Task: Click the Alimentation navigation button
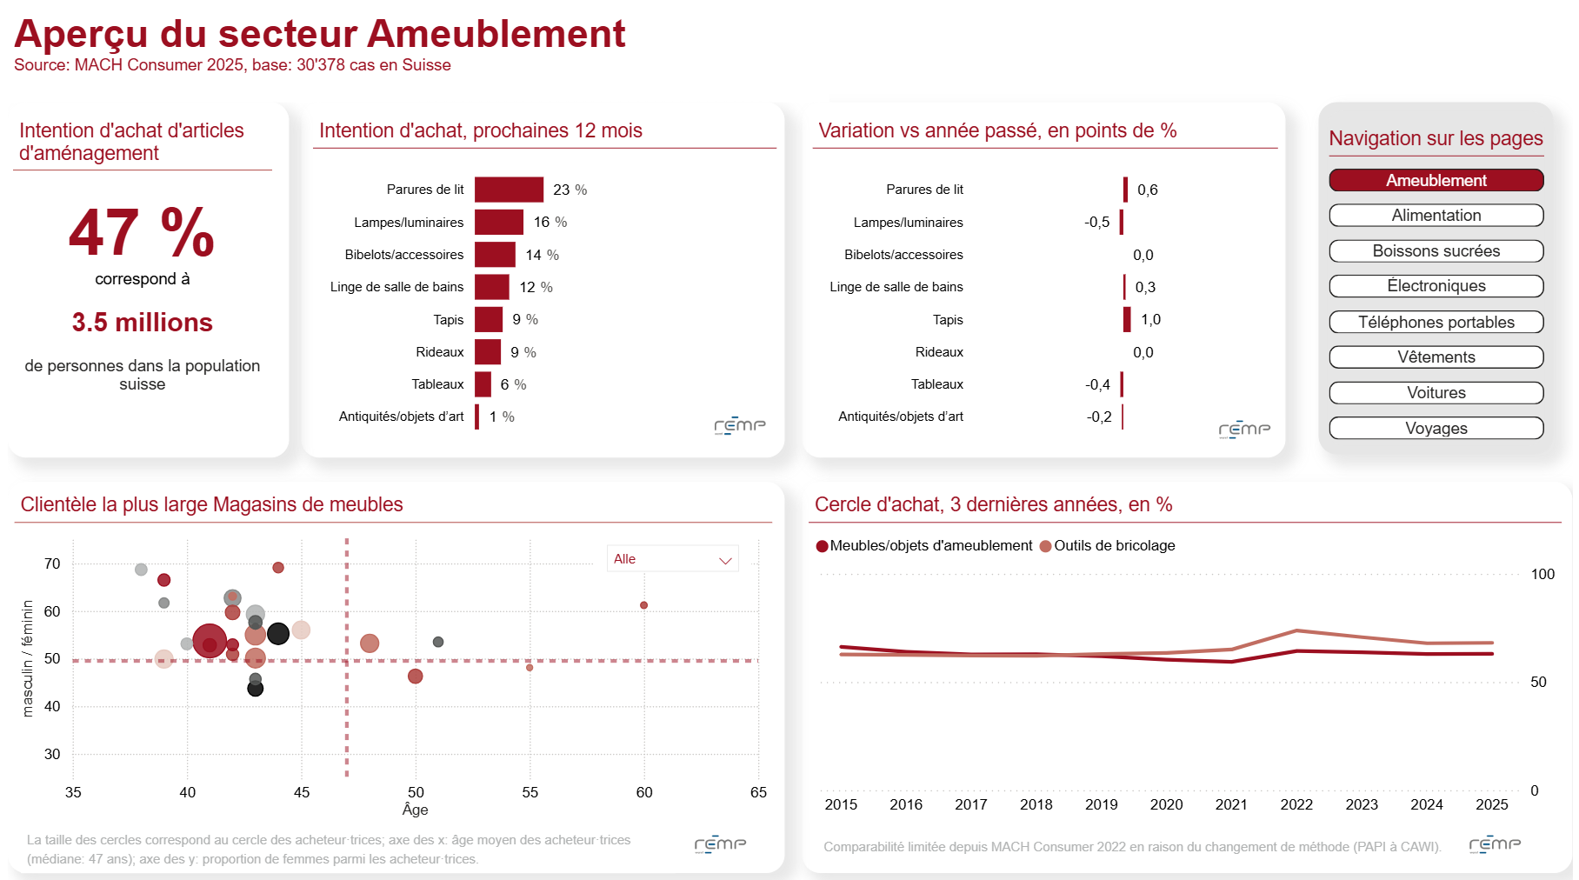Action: tap(1436, 216)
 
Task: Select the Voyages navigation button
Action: tap(1436, 428)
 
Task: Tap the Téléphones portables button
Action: tap(1436, 322)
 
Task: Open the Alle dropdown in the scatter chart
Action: tap(672, 559)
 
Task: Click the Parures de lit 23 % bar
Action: tap(509, 190)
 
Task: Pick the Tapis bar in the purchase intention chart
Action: tap(489, 319)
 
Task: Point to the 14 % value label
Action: tap(542, 255)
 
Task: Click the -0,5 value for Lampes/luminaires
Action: tap(1096, 222)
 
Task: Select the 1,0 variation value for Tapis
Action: tap(1150, 319)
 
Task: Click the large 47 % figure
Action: tap(142, 232)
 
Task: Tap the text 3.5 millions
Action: tap(142, 323)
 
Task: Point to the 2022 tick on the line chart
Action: tap(1296, 804)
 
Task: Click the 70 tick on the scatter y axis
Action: tap(52, 563)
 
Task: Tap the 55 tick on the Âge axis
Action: tap(530, 792)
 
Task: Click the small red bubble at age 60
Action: tap(643, 605)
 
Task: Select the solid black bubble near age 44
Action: tap(278, 634)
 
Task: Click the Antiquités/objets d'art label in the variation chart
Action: tap(901, 417)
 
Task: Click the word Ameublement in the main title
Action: tap(496, 34)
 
